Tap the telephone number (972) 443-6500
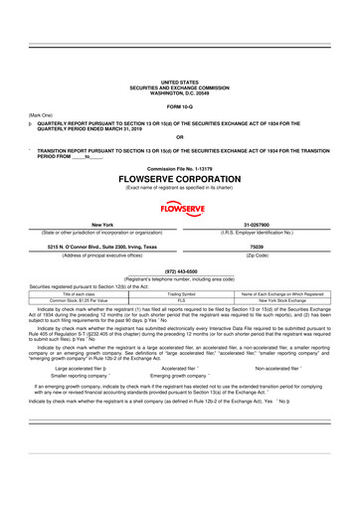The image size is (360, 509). (180, 271)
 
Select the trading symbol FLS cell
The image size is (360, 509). (180, 299)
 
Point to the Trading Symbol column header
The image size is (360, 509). (180, 293)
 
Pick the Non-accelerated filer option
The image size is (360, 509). (285, 367)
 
